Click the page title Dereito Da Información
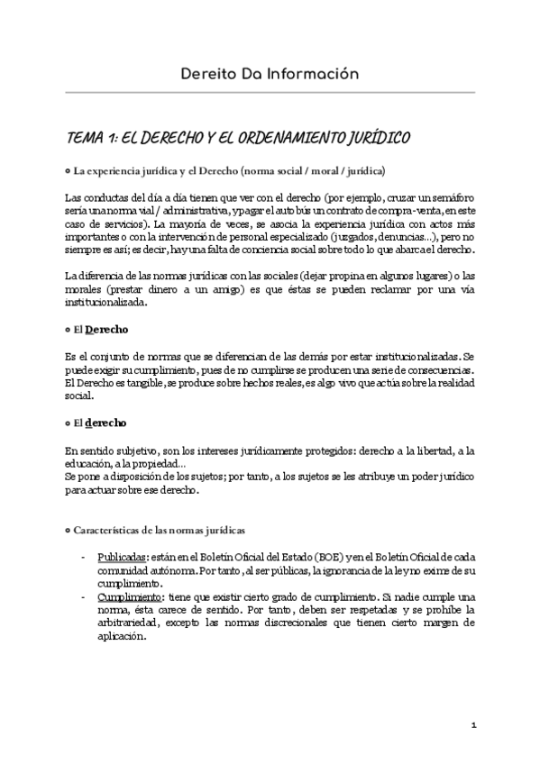click(270, 73)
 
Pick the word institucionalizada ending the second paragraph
click(108, 303)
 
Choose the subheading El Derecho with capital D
click(101, 330)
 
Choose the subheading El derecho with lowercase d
click(100, 423)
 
